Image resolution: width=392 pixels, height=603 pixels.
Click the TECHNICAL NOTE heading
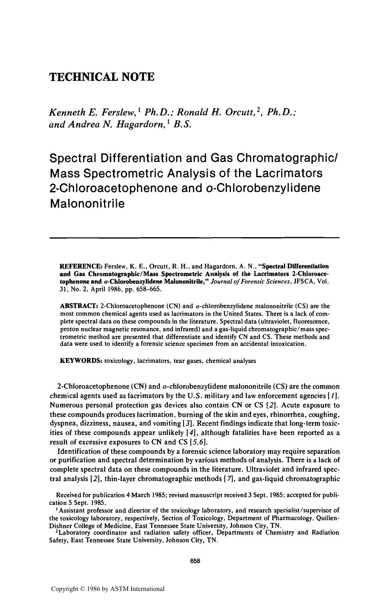click(x=102, y=77)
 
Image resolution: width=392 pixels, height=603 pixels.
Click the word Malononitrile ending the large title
click(x=87, y=203)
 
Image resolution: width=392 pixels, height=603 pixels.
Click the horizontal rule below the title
click(x=194, y=238)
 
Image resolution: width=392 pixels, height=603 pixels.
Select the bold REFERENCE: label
click(x=82, y=266)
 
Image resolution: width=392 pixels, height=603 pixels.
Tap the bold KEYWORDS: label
click(x=81, y=361)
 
